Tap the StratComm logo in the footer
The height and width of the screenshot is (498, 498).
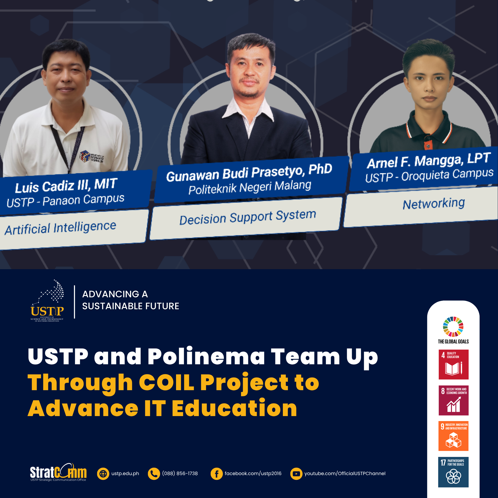(x=58, y=473)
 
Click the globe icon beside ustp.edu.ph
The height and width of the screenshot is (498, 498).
(x=103, y=474)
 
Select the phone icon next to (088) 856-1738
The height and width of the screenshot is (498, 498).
(x=154, y=474)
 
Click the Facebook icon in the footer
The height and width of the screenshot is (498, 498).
(x=217, y=474)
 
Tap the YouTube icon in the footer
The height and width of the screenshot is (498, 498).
(x=296, y=474)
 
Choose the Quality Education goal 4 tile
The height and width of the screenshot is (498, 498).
(x=453, y=364)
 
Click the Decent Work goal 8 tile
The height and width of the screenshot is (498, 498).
(x=453, y=400)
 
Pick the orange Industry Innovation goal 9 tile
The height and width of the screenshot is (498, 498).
(x=453, y=436)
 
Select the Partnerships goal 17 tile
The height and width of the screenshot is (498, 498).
(x=453, y=472)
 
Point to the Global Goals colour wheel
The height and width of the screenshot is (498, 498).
(x=453, y=327)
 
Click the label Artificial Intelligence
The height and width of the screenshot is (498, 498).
(x=61, y=228)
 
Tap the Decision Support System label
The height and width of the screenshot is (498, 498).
(x=248, y=217)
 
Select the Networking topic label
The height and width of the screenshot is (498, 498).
(x=434, y=204)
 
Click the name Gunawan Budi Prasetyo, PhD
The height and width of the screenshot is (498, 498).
(x=249, y=173)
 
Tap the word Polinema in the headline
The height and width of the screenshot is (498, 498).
(x=206, y=357)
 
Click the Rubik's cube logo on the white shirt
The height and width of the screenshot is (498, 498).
(x=85, y=156)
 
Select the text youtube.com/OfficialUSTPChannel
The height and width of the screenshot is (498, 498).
(x=345, y=474)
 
